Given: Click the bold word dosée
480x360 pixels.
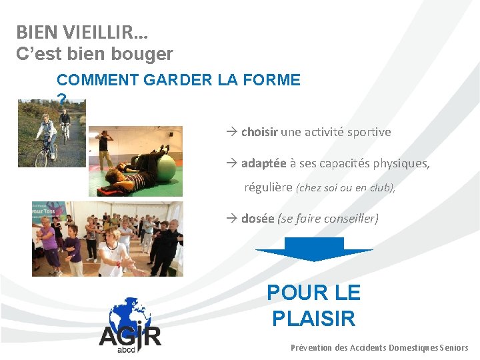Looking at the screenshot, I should (x=257, y=218).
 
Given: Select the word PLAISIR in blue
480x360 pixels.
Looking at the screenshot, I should (x=313, y=318).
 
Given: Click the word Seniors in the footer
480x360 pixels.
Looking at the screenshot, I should (x=454, y=347).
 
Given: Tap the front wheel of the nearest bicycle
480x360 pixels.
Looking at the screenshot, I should (x=41, y=158).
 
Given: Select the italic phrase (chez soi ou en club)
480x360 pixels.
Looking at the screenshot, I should (x=345, y=188).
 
